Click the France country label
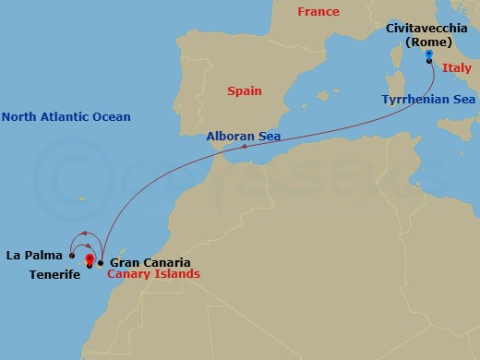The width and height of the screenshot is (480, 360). click(318, 12)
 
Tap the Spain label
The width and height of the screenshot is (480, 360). click(244, 91)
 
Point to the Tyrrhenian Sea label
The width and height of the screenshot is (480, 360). click(428, 98)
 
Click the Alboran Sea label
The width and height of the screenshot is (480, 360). click(244, 136)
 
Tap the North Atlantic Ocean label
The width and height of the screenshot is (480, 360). click(66, 117)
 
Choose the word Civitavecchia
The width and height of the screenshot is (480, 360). click(430, 29)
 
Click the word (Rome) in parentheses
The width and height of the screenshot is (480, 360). click(430, 42)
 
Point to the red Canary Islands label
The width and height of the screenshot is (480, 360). click(153, 274)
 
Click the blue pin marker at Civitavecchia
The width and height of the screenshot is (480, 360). click(429, 55)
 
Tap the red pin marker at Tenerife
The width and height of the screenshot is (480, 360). click(89, 260)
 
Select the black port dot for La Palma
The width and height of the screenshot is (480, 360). click(71, 256)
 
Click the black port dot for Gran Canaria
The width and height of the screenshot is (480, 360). click(101, 263)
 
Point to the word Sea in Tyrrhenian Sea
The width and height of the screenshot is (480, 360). click(462, 98)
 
